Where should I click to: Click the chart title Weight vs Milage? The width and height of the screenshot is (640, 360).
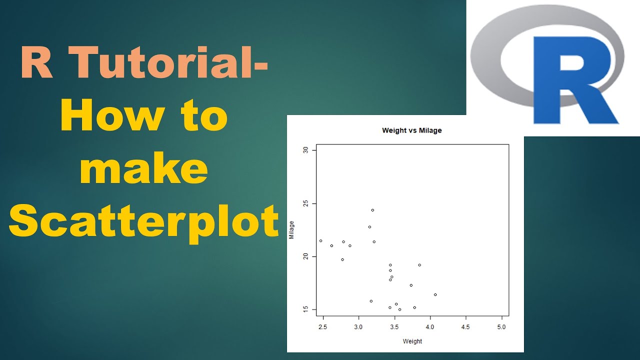[411, 130]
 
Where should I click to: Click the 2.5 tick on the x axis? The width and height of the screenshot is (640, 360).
[322, 326]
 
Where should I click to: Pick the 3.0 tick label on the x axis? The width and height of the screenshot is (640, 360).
[358, 326]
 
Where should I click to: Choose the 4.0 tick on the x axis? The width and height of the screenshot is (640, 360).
[430, 326]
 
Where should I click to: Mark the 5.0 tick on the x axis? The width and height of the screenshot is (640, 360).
[501, 326]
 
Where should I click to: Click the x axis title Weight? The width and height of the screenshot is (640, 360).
[412, 341]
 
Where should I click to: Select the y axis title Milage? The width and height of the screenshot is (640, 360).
[292, 230]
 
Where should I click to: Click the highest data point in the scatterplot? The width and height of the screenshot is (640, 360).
[372, 210]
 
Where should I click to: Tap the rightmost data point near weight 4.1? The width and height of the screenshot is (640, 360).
[435, 294]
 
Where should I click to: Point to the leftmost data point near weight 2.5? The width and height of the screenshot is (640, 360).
[320, 240]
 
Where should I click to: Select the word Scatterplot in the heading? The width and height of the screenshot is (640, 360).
[143, 220]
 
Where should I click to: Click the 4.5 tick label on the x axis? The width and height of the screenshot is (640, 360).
[465, 326]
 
